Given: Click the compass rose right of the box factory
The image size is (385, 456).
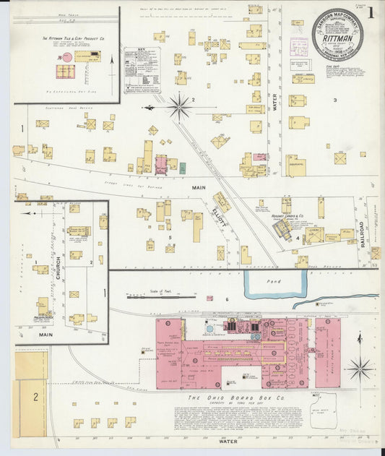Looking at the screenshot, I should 359,368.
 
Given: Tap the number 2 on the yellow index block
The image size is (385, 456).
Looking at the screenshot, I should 34,397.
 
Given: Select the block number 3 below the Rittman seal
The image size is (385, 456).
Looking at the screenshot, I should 335,99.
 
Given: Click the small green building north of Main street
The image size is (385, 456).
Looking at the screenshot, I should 182,168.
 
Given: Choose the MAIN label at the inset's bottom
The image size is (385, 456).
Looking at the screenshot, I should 46,335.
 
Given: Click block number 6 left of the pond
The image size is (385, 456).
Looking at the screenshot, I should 227,298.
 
